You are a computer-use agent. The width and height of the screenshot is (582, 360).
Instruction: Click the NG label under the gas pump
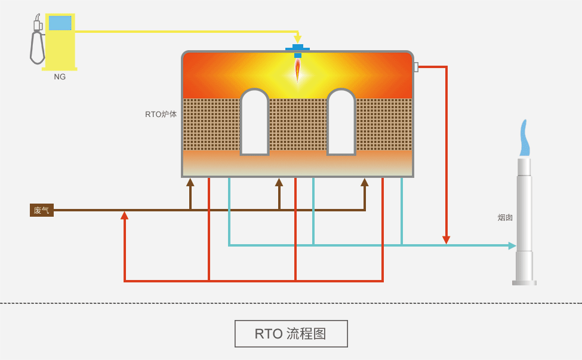click(x=60, y=77)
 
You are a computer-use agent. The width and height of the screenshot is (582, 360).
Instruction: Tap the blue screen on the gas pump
click(x=60, y=23)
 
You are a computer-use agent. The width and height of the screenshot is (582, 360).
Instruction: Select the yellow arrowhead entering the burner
click(x=297, y=39)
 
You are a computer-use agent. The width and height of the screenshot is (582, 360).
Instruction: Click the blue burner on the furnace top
click(x=297, y=50)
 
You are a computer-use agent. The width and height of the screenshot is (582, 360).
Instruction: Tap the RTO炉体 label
click(x=161, y=114)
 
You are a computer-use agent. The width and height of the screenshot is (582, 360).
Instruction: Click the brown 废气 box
click(x=42, y=210)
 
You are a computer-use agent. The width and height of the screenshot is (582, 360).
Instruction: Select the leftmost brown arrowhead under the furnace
click(x=190, y=182)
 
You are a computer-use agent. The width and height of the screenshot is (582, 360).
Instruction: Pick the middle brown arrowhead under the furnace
click(x=279, y=182)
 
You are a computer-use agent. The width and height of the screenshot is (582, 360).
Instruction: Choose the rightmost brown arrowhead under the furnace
click(x=364, y=182)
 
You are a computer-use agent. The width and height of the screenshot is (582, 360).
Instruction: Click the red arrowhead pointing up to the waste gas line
click(x=124, y=216)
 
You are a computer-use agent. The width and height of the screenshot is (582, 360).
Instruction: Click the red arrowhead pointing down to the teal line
click(x=446, y=240)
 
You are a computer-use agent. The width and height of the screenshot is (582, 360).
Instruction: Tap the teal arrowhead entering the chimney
click(x=512, y=245)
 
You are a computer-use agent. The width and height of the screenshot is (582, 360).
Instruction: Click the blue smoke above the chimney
click(x=524, y=139)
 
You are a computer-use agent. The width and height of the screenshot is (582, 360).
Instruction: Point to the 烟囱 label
click(x=505, y=218)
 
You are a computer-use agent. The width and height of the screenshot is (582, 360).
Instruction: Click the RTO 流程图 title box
click(x=291, y=334)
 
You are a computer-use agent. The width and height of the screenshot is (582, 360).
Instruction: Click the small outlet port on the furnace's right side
click(x=415, y=67)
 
